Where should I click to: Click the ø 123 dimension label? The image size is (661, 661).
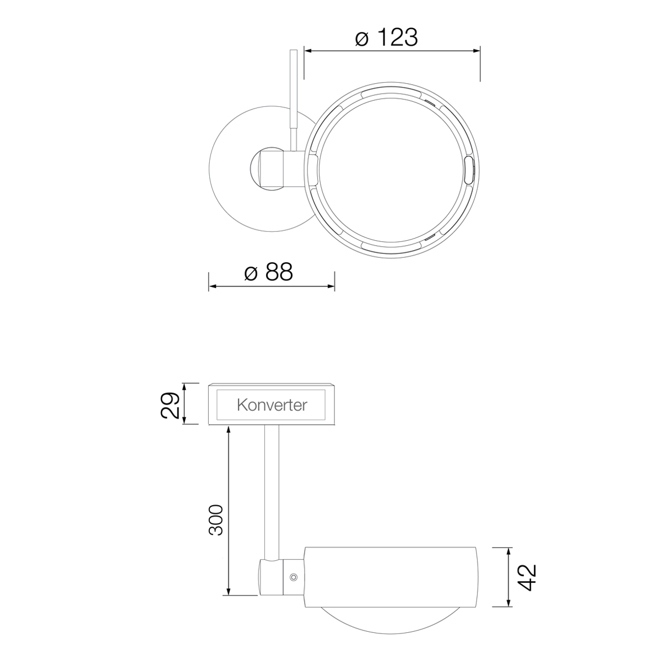click(x=387, y=37)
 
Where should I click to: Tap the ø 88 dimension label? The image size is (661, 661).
click(x=269, y=272)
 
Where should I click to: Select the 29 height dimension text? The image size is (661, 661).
click(x=170, y=405)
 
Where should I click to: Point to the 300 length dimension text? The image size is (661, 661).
click(x=215, y=519)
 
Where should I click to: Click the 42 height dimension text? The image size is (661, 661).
click(x=528, y=577)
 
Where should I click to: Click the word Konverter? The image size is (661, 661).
click(x=272, y=405)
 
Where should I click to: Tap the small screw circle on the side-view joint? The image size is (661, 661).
click(x=293, y=577)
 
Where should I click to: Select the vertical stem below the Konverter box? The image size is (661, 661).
click(x=272, y=490)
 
